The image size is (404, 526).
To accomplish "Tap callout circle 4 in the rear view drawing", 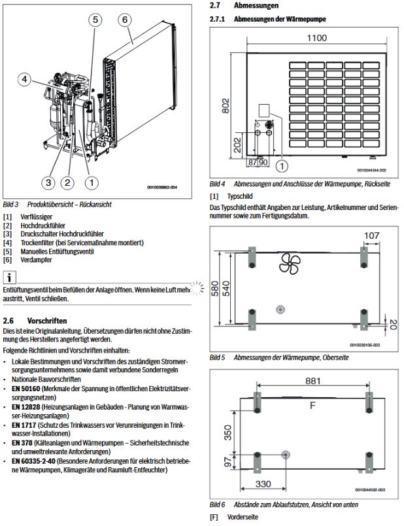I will point(24,80).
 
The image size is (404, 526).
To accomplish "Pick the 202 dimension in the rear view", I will point(237,142).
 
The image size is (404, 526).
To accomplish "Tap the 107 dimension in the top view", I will point(371,236).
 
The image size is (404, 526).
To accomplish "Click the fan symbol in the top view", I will point(288,263).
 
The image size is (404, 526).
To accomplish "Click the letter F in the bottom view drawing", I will point(312,405).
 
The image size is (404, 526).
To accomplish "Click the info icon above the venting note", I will point(10,277).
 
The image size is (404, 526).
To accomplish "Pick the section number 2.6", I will point(8,321).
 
